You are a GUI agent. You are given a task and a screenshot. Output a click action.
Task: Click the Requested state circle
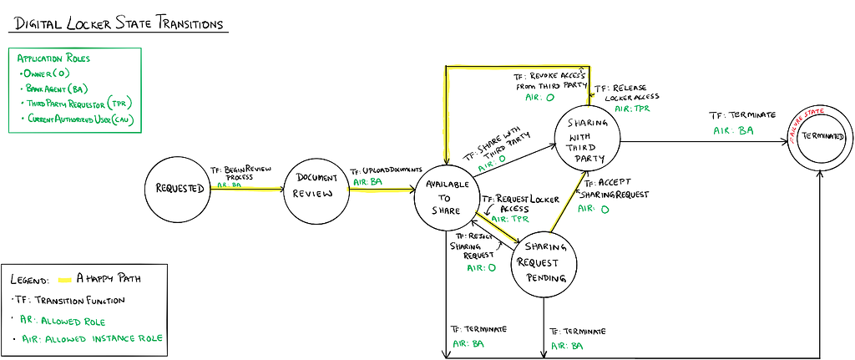(x=180, y=188)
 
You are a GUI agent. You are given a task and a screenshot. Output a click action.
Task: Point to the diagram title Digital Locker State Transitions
(x=118, y=23)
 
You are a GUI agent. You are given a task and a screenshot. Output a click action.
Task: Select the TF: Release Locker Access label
(x=626, y=91)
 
